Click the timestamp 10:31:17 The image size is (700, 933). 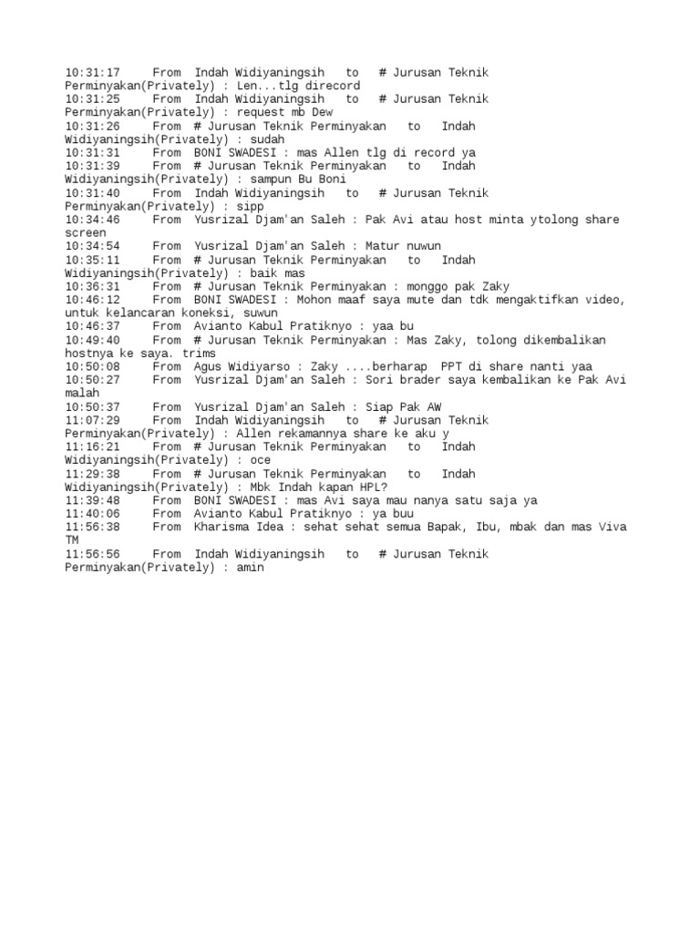[x=92, y=72]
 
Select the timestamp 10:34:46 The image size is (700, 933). [x=92, y=220]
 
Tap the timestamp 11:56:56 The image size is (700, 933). [x=92, y=554]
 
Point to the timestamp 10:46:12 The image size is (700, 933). [x=92, y=300]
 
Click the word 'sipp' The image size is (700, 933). [x=250, y=206]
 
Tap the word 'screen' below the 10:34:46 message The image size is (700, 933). [x=86, y=233]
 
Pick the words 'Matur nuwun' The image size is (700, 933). [x=403, y=246]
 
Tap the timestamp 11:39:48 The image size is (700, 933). [x=92, y=500]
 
